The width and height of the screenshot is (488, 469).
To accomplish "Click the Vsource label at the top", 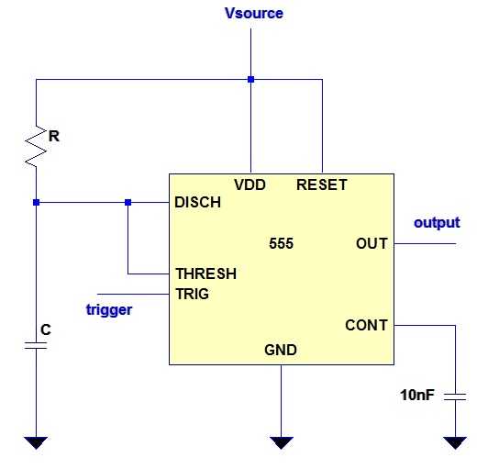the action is tap(254, 13).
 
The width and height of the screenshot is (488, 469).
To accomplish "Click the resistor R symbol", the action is tap(36, 146).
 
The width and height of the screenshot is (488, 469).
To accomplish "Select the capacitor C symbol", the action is tap(36, 345).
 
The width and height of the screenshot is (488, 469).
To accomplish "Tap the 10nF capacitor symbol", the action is tap(455, 396).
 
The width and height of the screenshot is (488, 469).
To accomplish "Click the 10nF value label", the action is tap(417, 395).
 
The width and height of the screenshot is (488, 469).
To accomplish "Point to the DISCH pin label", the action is tap(197, 203).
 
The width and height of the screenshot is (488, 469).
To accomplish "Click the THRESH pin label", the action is tap(206, 274).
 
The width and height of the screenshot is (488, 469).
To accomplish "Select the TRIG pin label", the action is tap(193, 294).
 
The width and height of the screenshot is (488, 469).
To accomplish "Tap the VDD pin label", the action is tap(250, 184).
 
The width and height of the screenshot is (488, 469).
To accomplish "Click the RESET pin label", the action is tap(322, 184).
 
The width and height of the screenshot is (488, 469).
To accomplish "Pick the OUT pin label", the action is tap(372, 243).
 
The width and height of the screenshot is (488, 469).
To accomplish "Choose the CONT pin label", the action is tap(366, 325).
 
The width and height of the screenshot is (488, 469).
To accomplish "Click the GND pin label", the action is tap(281, 350).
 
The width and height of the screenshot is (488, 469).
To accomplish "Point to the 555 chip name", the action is tap(281, 243).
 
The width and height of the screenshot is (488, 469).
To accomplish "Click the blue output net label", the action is tap(437, 223).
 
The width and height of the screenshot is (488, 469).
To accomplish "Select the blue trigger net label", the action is tap(109, 310).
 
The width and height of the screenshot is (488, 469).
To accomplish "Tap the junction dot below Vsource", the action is tap(250, 80).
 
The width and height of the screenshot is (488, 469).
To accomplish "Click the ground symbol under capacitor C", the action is tap(36, 442).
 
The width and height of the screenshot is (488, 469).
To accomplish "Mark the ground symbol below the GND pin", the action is tap(281, 442).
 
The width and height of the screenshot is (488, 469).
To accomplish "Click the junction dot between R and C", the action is tap(36, 203).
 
